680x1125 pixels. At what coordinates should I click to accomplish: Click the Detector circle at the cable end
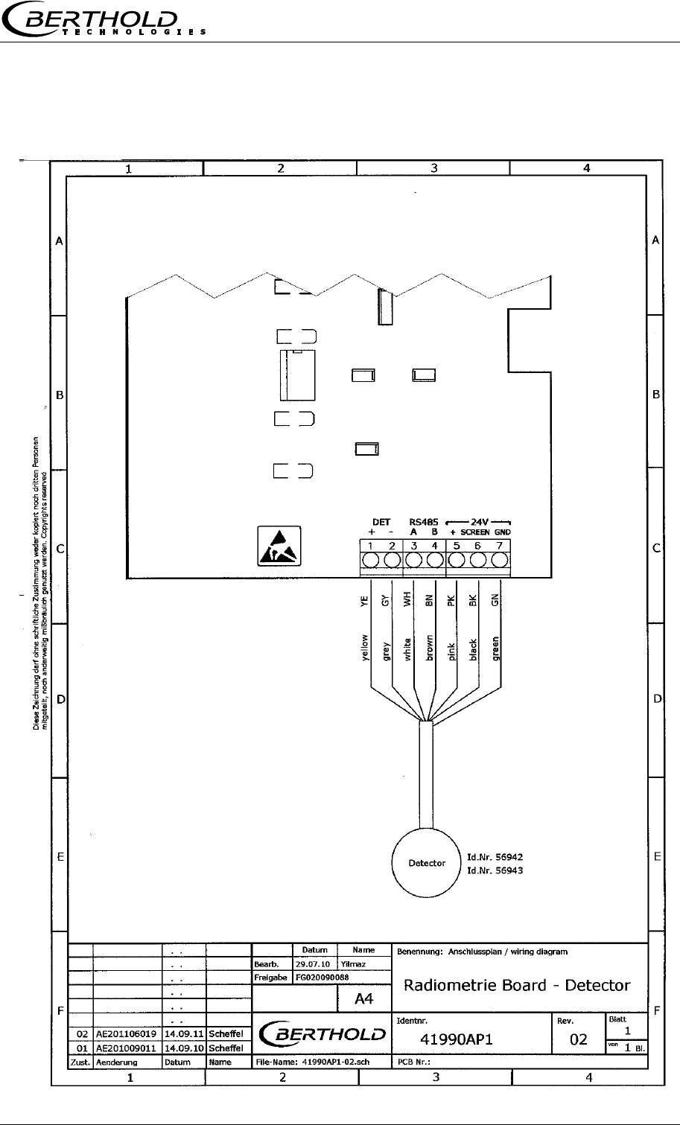(x=428, y=863)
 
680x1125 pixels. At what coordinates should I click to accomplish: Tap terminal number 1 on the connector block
(x=371, y=559)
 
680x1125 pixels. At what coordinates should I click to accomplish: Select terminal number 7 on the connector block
(x=501, y=559)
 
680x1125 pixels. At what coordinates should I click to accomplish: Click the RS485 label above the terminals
(x=423, y=522)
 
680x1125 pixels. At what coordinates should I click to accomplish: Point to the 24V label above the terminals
(x=480, y=522)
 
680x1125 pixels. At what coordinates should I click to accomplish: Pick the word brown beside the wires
(x=429, y=648)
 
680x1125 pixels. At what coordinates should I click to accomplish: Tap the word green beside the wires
(x=495, y=648)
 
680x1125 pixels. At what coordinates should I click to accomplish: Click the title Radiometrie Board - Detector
(x=517, y=985)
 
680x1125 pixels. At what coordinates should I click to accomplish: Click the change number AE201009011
(x=124, y=1048)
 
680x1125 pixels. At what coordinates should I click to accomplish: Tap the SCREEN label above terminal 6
(x=474, y=532)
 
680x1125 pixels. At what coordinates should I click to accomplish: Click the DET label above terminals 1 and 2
(x=381, y=522)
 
